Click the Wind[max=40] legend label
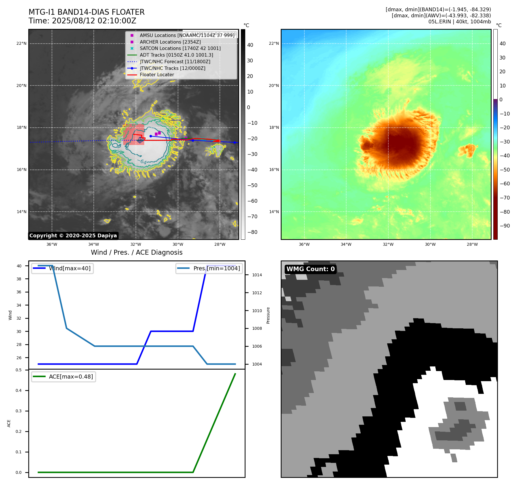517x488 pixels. tap(70, 269)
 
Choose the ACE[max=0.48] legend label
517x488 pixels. tap(71, 377)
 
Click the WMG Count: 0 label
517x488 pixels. tap(310, 269)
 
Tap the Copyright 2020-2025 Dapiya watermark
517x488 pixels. tap(73, 236)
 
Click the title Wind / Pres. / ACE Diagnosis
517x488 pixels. tap(136, 253)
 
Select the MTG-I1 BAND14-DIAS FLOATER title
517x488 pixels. tap(87, 12)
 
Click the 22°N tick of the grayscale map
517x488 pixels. tap(21, 44)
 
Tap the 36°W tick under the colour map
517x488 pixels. tap(304, 245)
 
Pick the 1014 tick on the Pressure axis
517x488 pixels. tap(257, 275)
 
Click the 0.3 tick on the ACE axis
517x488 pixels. tap(18, 411)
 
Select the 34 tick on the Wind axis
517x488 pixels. tap(19, 305)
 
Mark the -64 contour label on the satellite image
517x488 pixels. tap(142, 162)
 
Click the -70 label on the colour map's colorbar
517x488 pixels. tap(505, 198)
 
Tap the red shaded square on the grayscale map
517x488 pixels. tap(134, 135)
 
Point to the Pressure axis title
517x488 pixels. tap(268, 315)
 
